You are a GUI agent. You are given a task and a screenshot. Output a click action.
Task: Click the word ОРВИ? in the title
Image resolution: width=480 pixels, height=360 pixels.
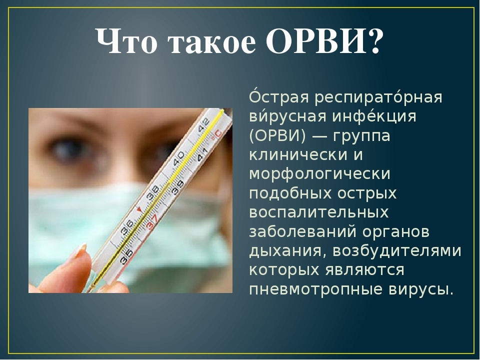(324, 41)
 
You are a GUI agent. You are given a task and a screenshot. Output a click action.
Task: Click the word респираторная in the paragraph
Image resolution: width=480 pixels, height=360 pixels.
(378, 97)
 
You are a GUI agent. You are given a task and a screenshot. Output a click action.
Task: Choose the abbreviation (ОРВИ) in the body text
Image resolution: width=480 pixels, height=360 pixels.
(277, 135)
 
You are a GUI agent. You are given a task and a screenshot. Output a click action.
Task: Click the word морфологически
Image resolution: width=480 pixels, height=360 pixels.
(320, 174)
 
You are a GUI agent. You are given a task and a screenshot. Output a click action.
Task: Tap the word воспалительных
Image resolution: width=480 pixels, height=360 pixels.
(319, 212)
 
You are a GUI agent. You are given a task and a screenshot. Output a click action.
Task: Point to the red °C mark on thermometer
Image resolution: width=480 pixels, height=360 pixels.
(218, 134)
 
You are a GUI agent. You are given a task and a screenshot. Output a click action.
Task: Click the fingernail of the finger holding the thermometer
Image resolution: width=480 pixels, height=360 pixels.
(81, 250)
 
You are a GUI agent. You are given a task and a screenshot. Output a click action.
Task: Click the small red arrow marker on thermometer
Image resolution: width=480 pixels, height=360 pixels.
(139, 209)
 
